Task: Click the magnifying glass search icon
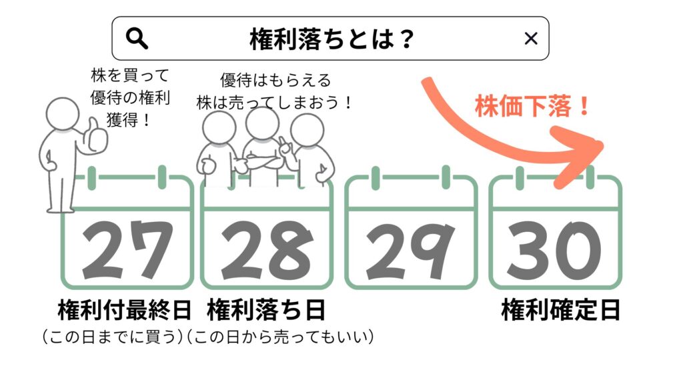(x=137, y=39)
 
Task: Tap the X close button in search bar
(x=531, y=39)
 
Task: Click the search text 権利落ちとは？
(x=332, y=39)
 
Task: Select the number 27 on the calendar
(x=127, y=250)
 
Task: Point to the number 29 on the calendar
(x=410, y=250)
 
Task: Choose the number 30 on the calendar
(x=555, y=250)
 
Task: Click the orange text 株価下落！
(x=532, y=107)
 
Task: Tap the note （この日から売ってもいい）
(x=279, y=337)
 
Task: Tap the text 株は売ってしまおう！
(x=274, y=103)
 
